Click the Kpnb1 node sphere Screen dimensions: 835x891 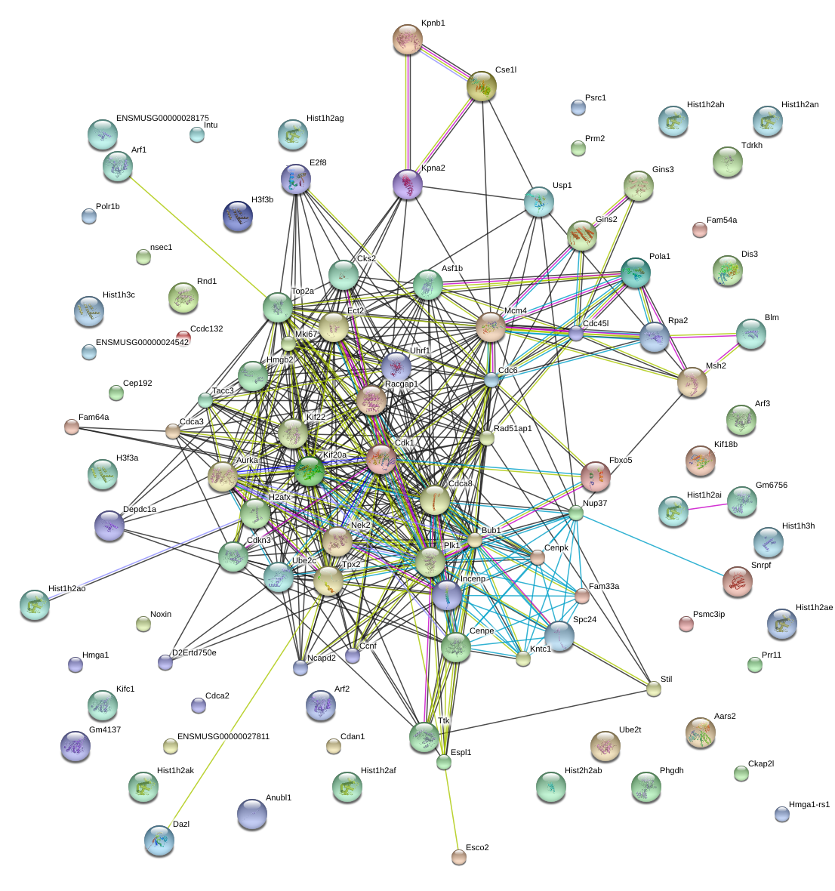pyautogui.click(x=408, y=39)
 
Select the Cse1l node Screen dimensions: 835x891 pyautogui.click(x=481, y=87)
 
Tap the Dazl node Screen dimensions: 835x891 pyautogui.click(x=159, y=840)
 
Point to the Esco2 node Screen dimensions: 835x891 pyautogui.click(x=459, y=856)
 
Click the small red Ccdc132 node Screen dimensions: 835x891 pyautogui.click(x=183, y=338)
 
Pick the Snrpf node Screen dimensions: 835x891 pyautogui.click(x=737, y=581)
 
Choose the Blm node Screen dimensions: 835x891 pyautogui.click(x=750, y=335)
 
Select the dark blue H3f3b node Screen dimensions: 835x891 pyautogui.click(x=238, y=217)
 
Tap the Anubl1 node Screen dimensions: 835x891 pyautogui.click(x=251, y=814)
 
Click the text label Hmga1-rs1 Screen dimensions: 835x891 pyautogui.click(x=809, y=805)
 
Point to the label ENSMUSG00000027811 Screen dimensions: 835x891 pyautogui.click(x=223, y=736)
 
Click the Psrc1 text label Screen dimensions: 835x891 pyautogui.click(x=596, y=98)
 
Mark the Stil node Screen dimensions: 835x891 pyautogui.click(x=654, y=688)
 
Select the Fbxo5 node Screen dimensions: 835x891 pyautogui.click(x=595, y=476)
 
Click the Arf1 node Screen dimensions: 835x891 pyautogui.click(x=118, y=166)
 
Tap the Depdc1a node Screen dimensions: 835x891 pyautogui.click(x=110, y=526)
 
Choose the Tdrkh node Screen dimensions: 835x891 pyautogui.click(x=728, y=162)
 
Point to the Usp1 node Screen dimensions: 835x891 pyautogui.click(x=539, y=202)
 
